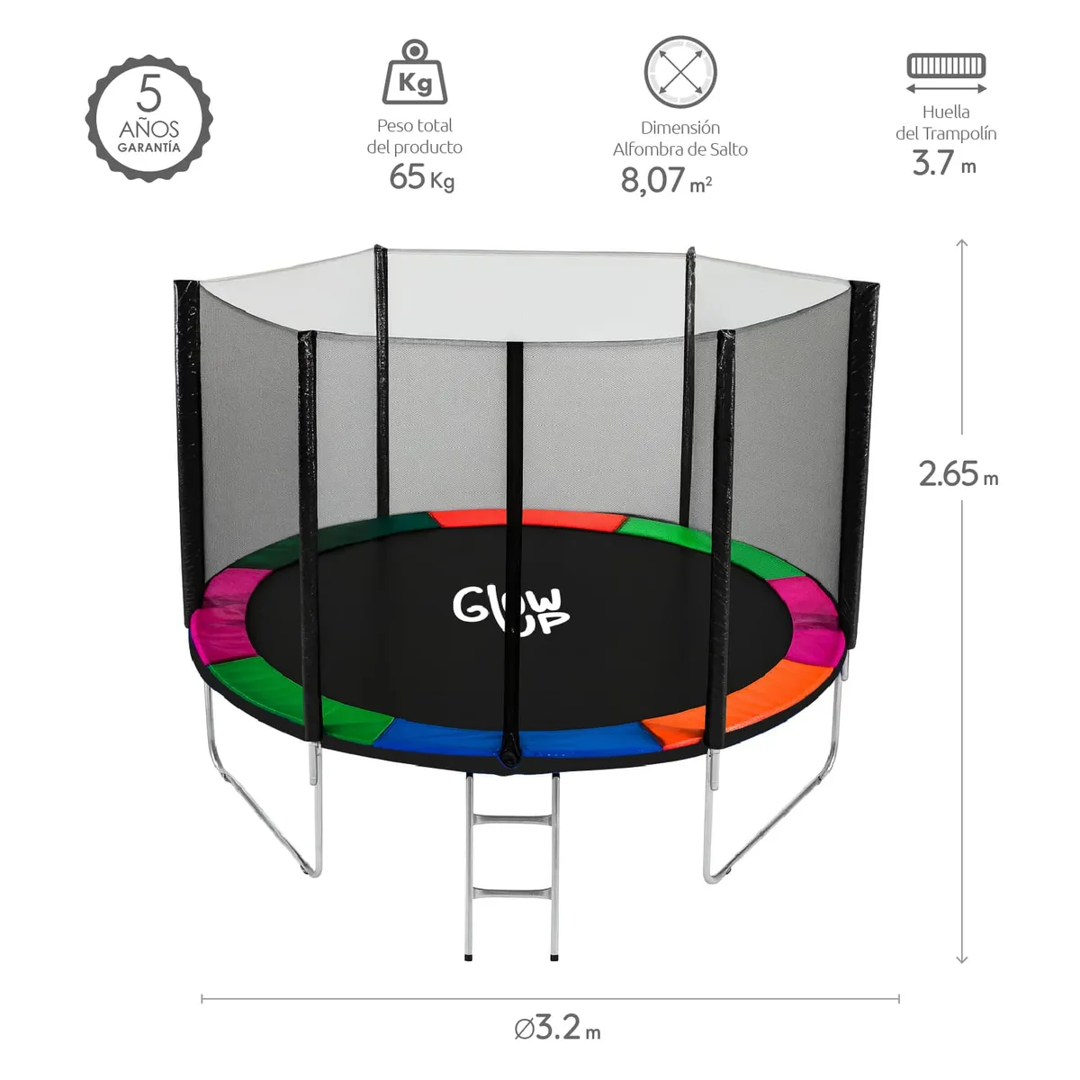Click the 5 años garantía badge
click(x=149, y=118)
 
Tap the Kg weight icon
click(x=415, y=73)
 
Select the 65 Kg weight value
click(x=421, y=177)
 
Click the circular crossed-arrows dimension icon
click(x=680, y=72)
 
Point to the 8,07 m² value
click(x=666, y=180)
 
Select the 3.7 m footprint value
click(x=944, y=163)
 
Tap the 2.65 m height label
click(x=958, y=473)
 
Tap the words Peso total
click(x=415, y=126)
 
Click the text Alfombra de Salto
click(x=680, y=149)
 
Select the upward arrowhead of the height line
click(x=962, y=243)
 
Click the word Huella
click(x=946, y=112)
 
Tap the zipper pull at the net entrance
click(x=510, y=751)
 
